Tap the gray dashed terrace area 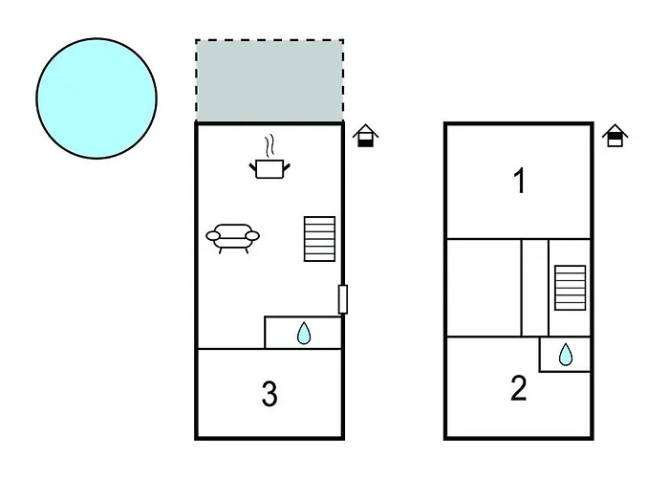[270, 81]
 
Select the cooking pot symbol [270, 168]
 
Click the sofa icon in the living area [233, 237]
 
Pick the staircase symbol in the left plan [319, 238]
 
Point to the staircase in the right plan [570, 287]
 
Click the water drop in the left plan [304, 333]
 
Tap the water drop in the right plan [566, 355]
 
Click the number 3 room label [270, 393]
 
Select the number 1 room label [519, 181]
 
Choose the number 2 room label [518, 389]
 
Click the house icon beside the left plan [364, 137]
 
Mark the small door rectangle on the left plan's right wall [342, 298]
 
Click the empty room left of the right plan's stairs [484, 287]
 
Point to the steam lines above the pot [271, 146]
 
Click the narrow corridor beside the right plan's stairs [535, 287]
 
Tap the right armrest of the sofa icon [252, 234]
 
